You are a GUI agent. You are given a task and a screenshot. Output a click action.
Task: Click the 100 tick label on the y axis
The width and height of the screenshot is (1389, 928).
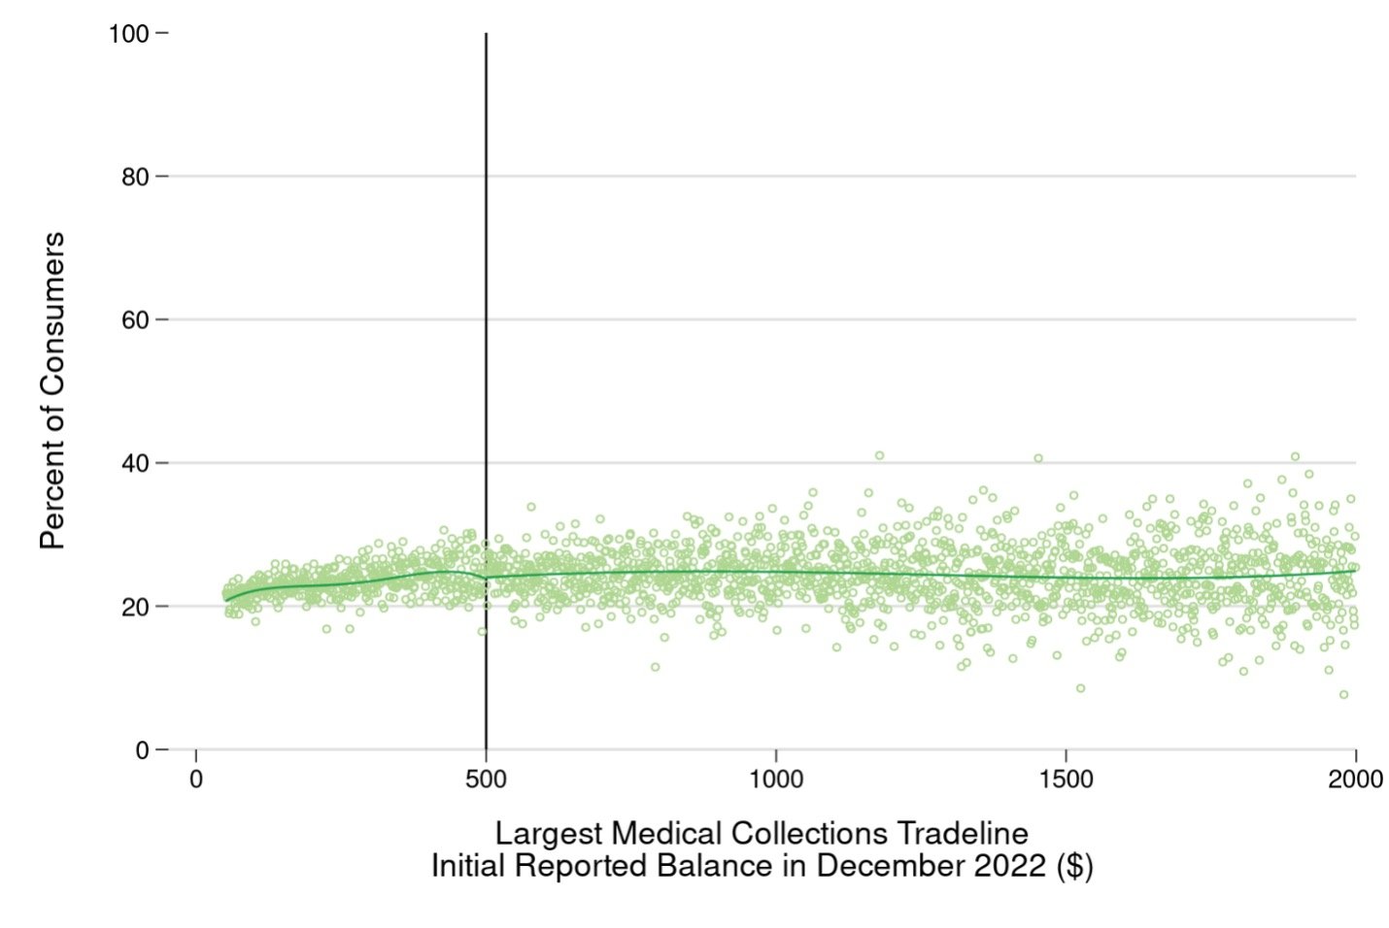tap(128, 34)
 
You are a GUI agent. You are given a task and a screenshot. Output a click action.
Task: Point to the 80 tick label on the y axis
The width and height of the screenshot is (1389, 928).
tap(135, 177)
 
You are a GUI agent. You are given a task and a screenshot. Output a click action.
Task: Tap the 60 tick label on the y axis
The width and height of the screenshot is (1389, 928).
tap(135, 320)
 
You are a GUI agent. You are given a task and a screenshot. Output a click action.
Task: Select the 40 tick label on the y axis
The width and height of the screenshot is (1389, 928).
tap(135, 463)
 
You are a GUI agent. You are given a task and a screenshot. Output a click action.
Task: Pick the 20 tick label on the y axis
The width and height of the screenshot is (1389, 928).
tap(135, 607)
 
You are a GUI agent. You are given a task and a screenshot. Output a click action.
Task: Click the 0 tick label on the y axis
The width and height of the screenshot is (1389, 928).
tap(142, 750)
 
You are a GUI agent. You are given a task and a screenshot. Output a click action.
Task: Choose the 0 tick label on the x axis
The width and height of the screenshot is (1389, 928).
tap(196, 779)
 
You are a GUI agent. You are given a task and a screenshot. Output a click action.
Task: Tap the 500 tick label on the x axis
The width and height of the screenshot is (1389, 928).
tap(486, 779)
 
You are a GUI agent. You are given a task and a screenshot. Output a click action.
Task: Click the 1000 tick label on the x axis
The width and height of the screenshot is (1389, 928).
tap(776, 779)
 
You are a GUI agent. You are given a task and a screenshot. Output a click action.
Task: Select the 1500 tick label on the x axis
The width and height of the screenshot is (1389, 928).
tap(1066, 779)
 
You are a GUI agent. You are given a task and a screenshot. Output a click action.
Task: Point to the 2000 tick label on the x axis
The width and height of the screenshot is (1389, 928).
tap(1355, 779)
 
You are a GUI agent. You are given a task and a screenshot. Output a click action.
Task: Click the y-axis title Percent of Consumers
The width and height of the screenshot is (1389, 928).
tap(52, 390)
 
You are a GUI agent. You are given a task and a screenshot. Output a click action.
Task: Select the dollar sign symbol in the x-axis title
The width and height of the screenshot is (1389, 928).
tap(1074, 865)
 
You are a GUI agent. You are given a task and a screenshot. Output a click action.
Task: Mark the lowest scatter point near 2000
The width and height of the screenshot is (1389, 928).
tap(1343, 695)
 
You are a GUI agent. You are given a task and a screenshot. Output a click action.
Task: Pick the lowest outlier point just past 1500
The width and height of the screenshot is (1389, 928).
tap(1080, 688)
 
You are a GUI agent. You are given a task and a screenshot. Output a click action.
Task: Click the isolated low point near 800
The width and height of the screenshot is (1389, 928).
tap(656, 667)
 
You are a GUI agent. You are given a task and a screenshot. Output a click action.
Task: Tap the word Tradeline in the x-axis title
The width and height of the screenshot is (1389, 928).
tap(963, 834)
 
